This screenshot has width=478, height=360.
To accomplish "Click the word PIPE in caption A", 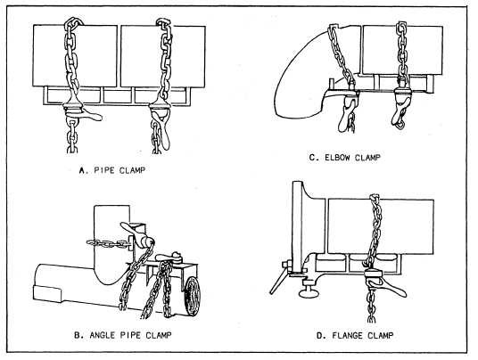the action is [x=104, y=170].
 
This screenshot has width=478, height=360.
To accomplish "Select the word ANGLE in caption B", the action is [x=103, y=335].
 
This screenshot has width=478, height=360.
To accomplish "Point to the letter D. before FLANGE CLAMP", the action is [x=320, y=336].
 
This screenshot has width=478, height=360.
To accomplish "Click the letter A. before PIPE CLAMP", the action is [x=83, y=170].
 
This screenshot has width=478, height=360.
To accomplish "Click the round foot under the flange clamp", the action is [x=309, y=292].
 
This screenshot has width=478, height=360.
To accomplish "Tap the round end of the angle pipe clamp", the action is [x=192, y=296].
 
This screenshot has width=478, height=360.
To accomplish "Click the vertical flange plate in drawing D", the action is [x=297, y=225].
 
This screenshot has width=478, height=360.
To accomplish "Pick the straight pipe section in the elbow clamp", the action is [x=402, y=50].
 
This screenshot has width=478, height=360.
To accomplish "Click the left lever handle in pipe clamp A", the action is [x=92, y=115].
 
